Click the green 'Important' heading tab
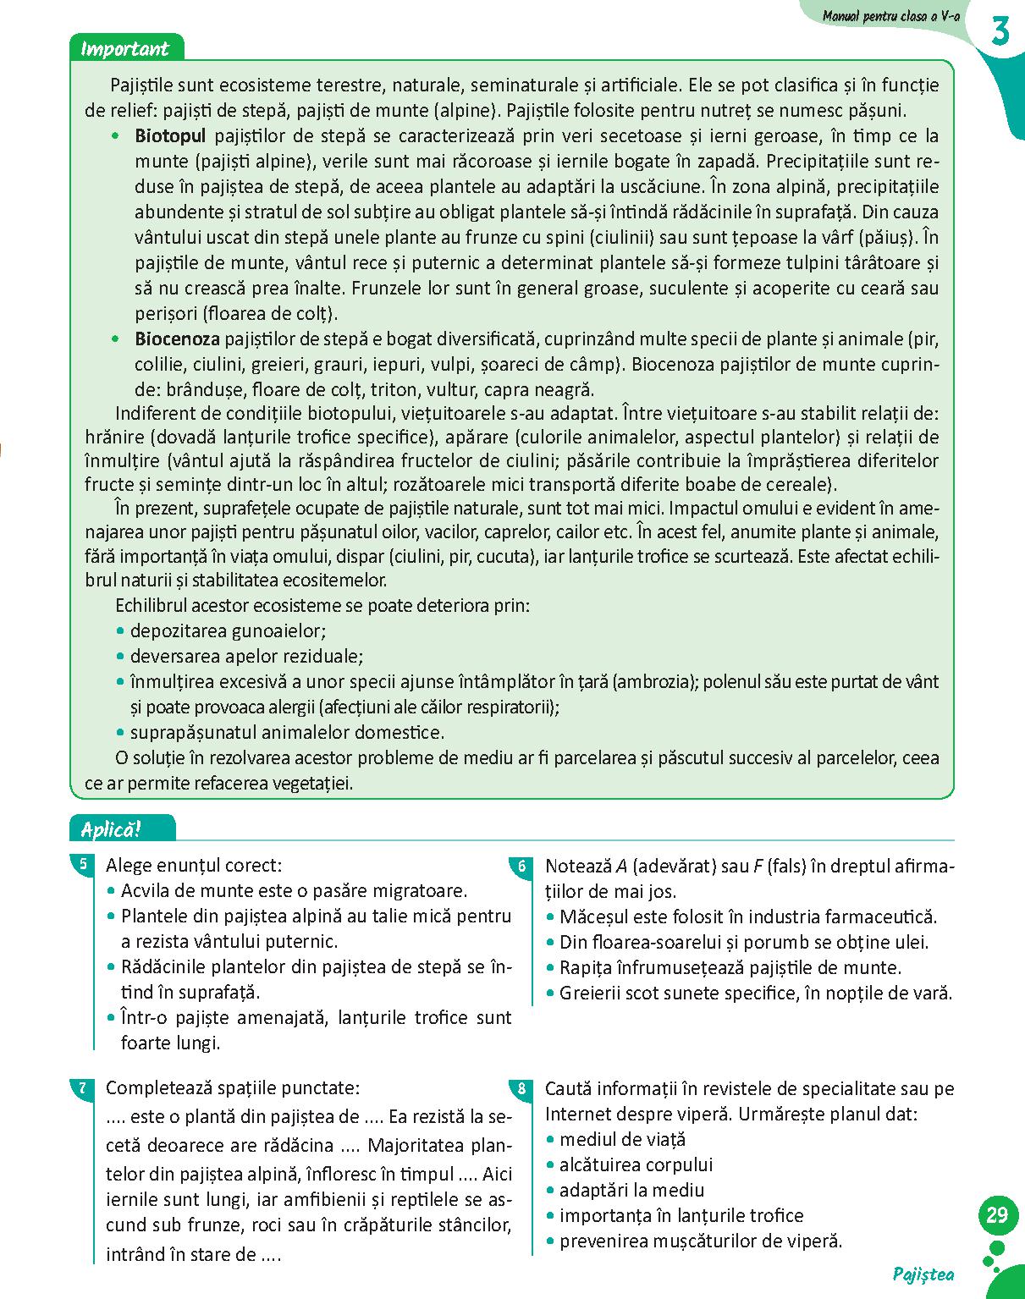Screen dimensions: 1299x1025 (124, 48)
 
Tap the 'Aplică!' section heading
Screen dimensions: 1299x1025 (111, 829)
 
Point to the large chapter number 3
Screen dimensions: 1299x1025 (1000, 32)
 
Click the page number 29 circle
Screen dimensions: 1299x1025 (997, 1215)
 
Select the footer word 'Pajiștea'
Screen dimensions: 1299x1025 (923, 1275)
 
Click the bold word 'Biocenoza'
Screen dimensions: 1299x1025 (177, 339)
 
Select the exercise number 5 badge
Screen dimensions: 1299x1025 (82, 864)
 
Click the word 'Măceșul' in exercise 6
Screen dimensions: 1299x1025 (592, 917)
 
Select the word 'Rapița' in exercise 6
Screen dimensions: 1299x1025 (585, 968)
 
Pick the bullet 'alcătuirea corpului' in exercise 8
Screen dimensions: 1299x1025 (636, 1165)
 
